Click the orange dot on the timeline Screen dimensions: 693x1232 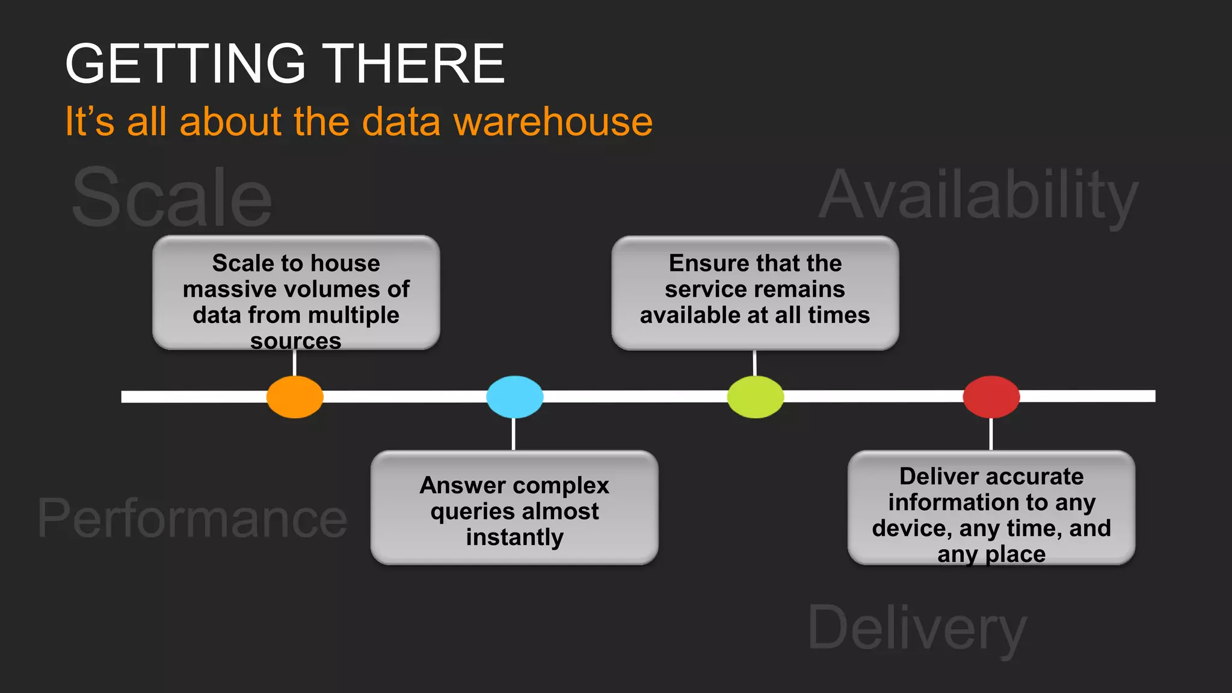pyautogui.click(x=295, y=397)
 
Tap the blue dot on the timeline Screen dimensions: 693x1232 pyautogui.click(x=514, y=397)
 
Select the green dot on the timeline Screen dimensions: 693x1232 pyautogui.click(x=755, y=397)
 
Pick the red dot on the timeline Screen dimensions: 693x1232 pyautogui.click(x=991, y=397)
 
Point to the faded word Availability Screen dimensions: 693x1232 pyautogui.click(x=979, y=196)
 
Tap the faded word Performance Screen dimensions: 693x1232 pyautogui.click(x=192, y=519)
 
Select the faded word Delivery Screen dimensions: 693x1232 pyautogui.click(x=917, y=629)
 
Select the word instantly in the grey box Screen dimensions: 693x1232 pyautogui.click(x=514, y=537)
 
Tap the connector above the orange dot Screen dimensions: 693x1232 pyautogui.click(x=294, y=363)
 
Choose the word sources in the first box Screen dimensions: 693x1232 pyautogui.click(x=296, y=341)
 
